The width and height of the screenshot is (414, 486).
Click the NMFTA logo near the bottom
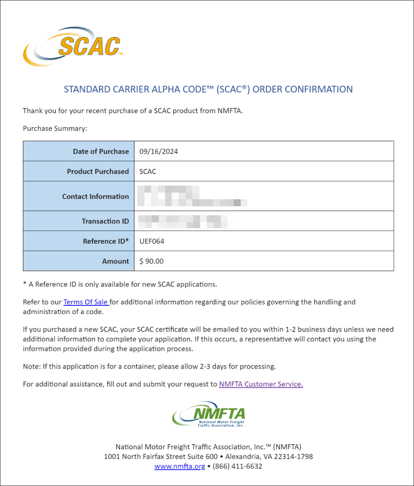point(209,415)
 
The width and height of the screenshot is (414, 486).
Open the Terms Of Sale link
point(85,302)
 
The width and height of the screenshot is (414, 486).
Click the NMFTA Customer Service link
point(261,384)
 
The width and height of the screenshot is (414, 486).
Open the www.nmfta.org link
point(179,466)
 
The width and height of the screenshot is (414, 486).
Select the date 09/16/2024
point(158,152)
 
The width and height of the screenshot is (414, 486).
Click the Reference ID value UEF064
point(152,241)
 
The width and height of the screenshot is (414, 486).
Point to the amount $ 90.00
point(151,261)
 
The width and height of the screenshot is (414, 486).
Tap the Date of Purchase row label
point(101,152)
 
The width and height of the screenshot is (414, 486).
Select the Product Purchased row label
point(98,172)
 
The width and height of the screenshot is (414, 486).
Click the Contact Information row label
point(95,197)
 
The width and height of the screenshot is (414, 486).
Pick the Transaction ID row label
point(105,221)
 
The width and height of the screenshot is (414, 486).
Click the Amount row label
point(115,261)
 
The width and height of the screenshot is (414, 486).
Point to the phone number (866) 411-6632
point(237,466)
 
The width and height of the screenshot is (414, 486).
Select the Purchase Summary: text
point(55,129)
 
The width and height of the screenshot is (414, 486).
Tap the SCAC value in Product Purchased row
point(147,172)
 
